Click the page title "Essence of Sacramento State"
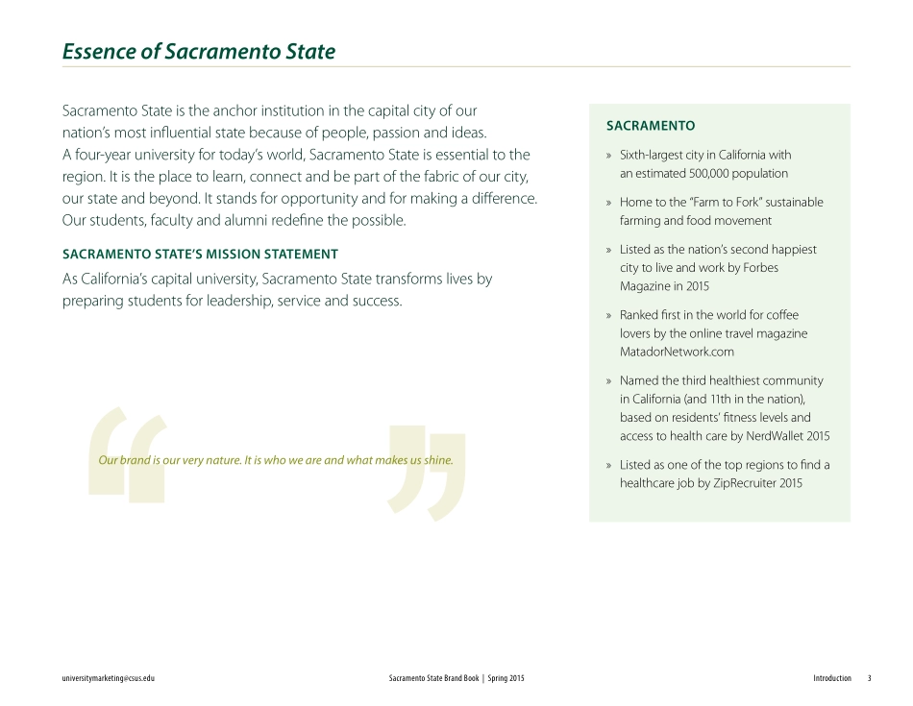pyautogui.click(x=199, y=52)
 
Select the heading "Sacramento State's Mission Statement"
pyautogui.click(x=200, y=255)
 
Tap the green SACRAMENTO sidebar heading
pyautogui.click(x=650, y=126)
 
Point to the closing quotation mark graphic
pyautogui.click(x=428, y=476)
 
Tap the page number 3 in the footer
pyautogui.click(x=869, y=678)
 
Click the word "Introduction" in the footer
pyautogui.click(x=831, y=678)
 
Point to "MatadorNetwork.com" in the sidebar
pyautogui.click(x=677, y=352)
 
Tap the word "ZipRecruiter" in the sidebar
pyautogui.click(x=745, y=483)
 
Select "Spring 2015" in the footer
pyautogui.click(x=506, y=678)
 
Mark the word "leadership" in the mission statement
pyautogui.click(x=234, y=301)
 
